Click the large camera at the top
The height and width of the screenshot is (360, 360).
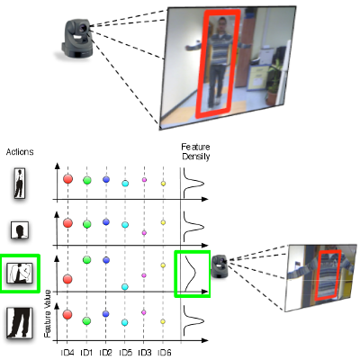[x=76, y=39]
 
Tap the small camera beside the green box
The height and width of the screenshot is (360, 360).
[x=220, y=266]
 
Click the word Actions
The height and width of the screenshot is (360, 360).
[x=20, y=152]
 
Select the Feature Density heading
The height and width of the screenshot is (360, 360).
[x=195, y=151]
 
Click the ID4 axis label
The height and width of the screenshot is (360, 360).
[x=67, y=353]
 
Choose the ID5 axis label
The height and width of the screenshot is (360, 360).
[x=125, y=353]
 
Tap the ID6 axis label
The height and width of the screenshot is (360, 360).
[x=164, y=353]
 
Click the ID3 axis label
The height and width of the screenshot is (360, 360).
[x=145, y=353]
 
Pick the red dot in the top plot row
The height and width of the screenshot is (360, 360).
[x=68, y=179]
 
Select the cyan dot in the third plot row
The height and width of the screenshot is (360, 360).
[x=125, y=287]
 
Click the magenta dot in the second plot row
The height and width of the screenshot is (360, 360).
[x=144, y=233]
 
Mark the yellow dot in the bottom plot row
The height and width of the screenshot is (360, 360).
[x=163, y=321]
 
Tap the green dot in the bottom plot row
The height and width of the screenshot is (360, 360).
[x=87, y=321]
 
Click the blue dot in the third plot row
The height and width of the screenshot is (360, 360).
[x=106, y=260]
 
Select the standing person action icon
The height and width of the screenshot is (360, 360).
[x=20, y=183]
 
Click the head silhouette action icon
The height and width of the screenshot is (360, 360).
[x=20, y=230]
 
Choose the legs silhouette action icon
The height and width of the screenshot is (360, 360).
[x=20, y=323]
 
